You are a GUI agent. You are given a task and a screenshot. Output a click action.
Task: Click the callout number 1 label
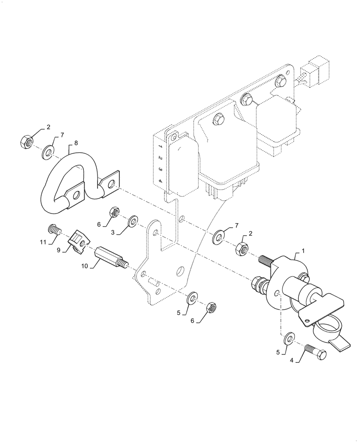[x=303, y=251]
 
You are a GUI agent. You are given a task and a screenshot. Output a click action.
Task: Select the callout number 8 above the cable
[x=76, y=143]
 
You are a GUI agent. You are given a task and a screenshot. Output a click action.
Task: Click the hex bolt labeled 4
[x=316, y=354]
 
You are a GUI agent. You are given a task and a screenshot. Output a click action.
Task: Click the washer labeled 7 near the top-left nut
[x=48, y=153]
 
